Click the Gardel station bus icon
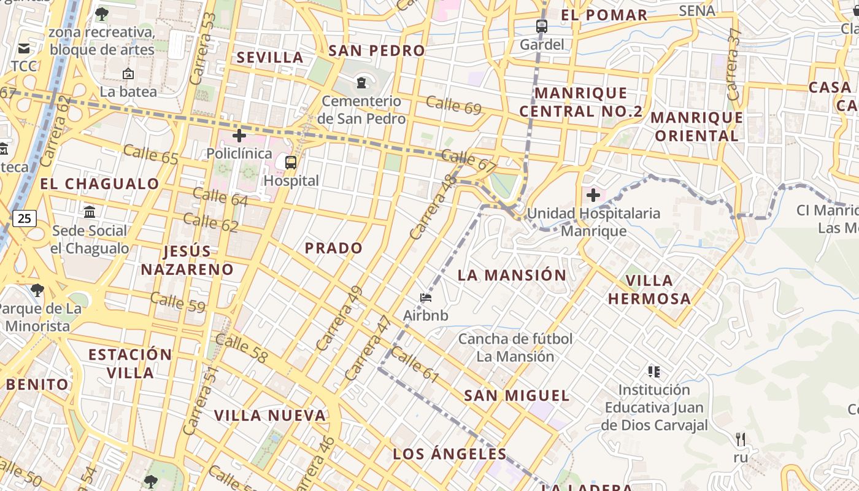point(541,26)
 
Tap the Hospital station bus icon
point(291,163)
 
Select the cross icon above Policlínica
point(239,136)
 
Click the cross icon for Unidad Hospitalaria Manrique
point(593,196)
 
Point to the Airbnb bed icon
point(426,298)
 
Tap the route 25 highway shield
point(24,218)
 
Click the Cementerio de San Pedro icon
point(361,82)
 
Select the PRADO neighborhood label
point(334,248)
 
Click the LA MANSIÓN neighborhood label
point(512,275)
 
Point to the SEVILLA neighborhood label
point(270,58)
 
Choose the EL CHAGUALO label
point(99,184)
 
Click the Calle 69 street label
point(453,105)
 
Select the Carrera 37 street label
point(733,64)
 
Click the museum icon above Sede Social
point(90,212)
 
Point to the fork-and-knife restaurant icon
point(741,439)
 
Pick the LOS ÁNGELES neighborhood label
point(450,454)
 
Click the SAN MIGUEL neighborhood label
point(517,396)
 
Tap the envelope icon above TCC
point(24,48)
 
